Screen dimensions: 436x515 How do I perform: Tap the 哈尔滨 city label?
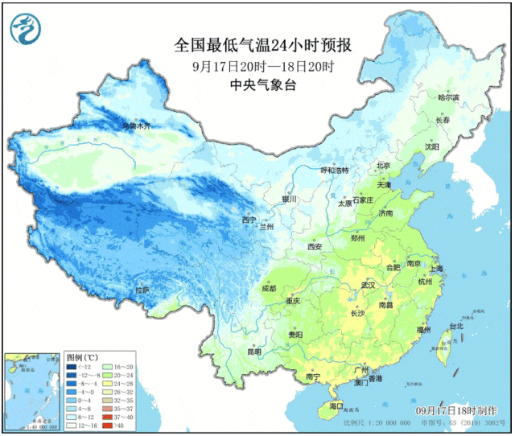click(x=448, y=97)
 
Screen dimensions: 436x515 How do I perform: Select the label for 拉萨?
click(x=142, y=290)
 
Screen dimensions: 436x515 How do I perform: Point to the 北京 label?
click(x=383, y=166)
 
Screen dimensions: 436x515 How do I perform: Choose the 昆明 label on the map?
click(x=254, y=352)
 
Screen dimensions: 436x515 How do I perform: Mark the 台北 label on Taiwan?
click(x=455, y=327)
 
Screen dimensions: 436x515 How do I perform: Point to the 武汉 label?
click(x=369, y=286)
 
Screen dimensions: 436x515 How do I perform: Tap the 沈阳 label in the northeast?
click(x=432, y=147)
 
